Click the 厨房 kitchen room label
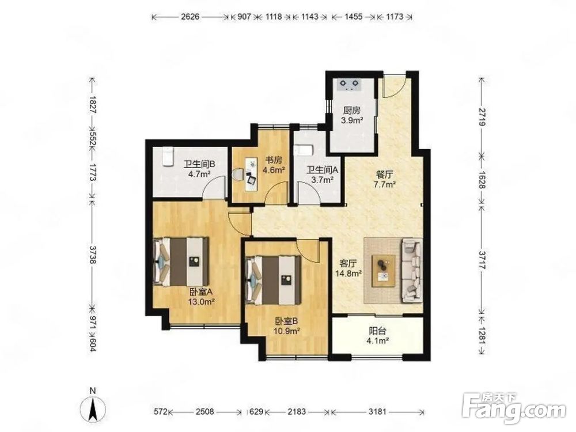(351, 110)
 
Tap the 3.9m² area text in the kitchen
(351, 120)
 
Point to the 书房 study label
(274, 161)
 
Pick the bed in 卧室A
(181, 262)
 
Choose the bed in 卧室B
(273, 280)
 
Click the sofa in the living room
(412, 271)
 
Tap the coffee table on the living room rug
(384, 271)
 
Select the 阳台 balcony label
(377, 331)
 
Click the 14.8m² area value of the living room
(348, 273)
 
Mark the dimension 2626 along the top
(190, 17)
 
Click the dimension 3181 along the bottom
(377, 412)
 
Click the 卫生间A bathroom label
(322, 170)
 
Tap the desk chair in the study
(238, 174)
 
